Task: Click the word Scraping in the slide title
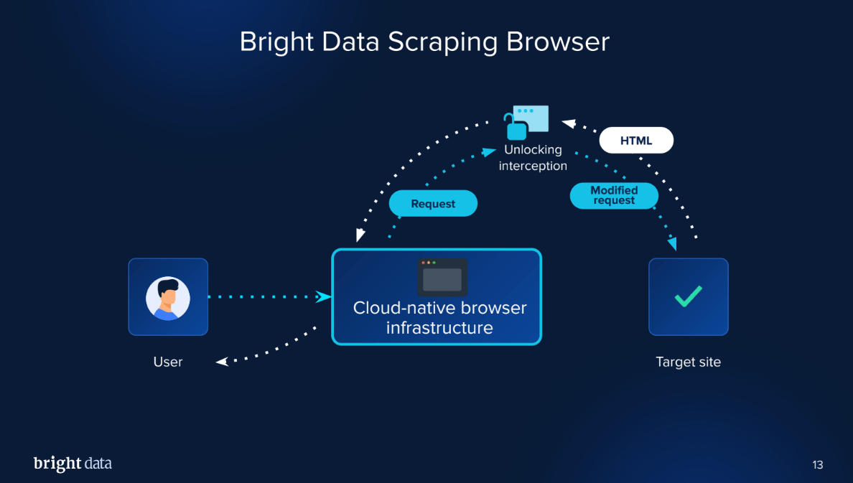tap(443, 42)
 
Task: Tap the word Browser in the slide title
tap(557, 41)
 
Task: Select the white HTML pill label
tap(636, 141)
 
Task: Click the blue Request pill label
tap(433, 204)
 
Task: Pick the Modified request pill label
tap(614, 195)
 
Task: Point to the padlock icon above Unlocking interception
tap(516, 128)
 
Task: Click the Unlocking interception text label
tap(533, 158)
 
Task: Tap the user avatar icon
tap(168, 298)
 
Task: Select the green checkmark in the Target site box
tap(689, 296)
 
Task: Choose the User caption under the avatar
tap(168, 362)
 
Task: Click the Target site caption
tap(688, 362)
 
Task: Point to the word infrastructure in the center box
tap(439, 329)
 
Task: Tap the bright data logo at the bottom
tap(73, 464)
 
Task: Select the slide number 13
tap(818, 465)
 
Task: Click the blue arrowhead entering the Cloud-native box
tap(324, 296)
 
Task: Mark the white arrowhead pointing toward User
tap(223, 362)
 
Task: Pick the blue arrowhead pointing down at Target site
tap(672, 244)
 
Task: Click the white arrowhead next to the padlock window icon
tap(568, 123)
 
